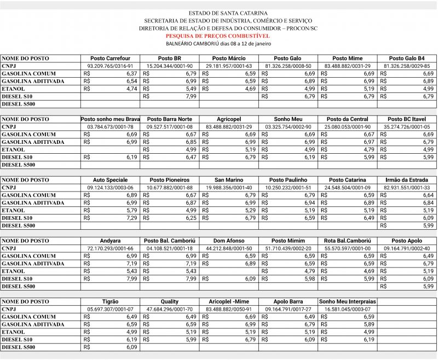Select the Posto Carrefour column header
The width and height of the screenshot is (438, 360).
click(x=110, y=58)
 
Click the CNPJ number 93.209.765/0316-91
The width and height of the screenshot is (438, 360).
click(x=110, y=66)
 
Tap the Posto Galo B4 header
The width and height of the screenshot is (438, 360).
click(x=407, y=58)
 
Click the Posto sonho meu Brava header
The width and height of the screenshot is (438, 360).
click(x=110, y=119)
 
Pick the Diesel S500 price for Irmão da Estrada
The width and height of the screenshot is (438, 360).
click(x=428, y=225)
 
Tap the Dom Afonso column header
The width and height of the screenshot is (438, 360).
click(x=229, y=241)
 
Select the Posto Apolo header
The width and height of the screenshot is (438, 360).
click(x=407, y=241)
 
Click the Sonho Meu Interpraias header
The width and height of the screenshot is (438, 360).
click(x=347, y=301)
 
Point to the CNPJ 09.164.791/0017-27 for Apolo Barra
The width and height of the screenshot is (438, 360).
click(x=288, y=309)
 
